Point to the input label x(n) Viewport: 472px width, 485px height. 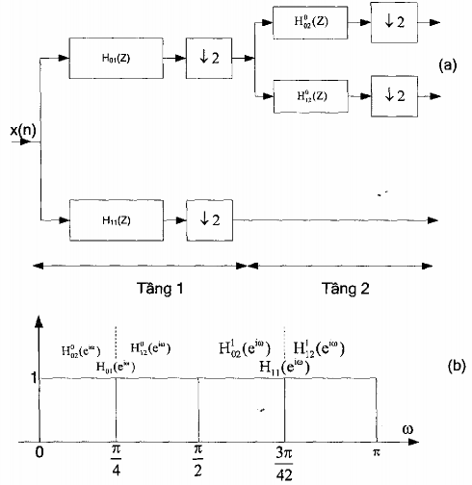pos(24,129)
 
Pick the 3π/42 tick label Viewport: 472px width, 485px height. pos(284,461)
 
